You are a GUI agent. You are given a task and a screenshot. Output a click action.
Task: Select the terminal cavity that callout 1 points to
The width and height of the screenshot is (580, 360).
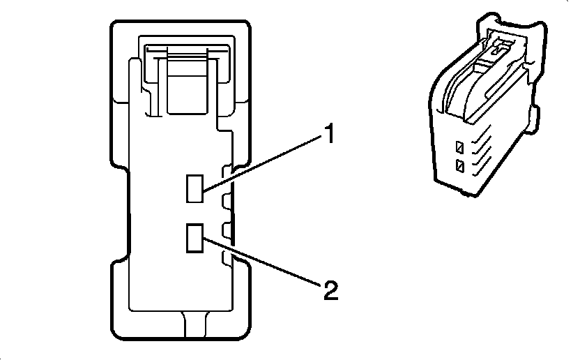click(x=194, y=188)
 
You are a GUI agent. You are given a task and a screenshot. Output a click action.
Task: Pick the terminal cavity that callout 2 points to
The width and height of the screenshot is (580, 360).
click(x=194, y=237)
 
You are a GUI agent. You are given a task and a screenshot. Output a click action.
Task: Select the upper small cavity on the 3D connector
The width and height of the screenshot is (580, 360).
click(x=459, y=148)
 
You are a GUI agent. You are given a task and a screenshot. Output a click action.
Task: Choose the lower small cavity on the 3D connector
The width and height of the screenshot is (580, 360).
click(x=459, y=166)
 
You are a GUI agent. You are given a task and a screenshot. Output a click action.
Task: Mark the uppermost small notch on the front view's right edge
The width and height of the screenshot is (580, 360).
click(x=225, y=172)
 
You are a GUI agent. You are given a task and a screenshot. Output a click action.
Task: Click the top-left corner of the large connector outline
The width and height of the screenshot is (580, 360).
click(x=114, y=24)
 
